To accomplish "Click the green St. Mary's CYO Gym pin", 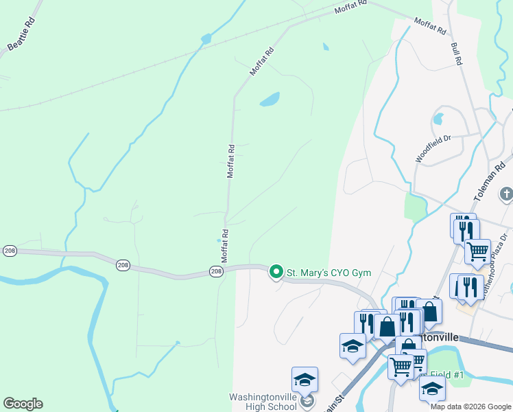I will tap(276, 273).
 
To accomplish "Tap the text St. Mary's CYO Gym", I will tap(329, 273).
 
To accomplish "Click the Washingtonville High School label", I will tap(264, 402).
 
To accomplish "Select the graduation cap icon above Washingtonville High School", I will tap(305, 380).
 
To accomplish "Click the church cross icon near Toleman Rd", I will tap(506, 194).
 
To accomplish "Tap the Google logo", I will tap(23, 404).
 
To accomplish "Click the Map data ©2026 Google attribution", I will tap(470, 407).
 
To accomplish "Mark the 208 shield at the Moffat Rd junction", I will tap(215, 273).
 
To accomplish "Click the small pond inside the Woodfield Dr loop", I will tap(438, 118).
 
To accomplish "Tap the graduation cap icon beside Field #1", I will tap(432, 388).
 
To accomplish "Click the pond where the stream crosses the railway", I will tap(205, 39).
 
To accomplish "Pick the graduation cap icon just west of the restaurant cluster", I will tap(353, 346).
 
